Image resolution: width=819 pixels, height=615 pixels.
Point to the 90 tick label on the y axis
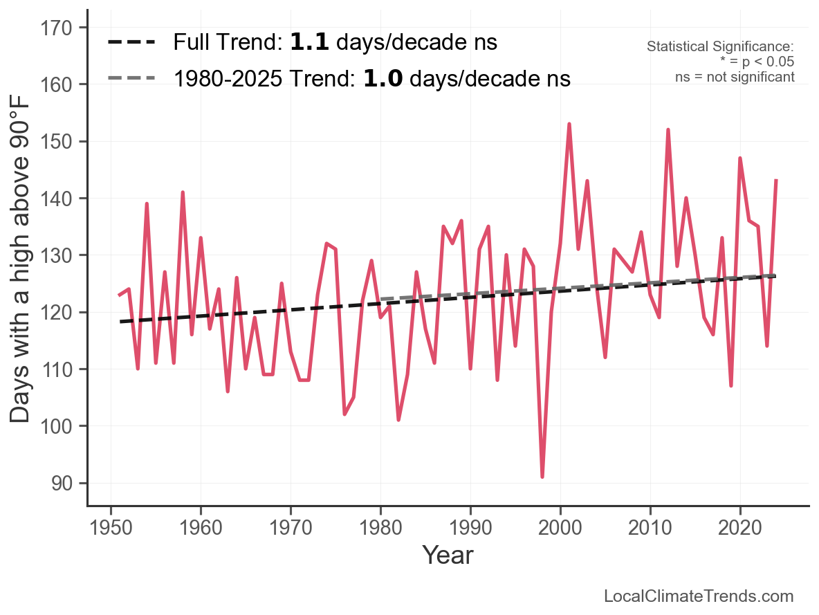tap(63, 484)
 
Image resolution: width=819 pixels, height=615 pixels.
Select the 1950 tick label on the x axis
tap(111, 528)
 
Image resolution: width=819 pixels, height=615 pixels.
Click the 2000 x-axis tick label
tap(560, 528)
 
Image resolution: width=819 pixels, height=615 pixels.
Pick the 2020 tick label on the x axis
tap(740, 528)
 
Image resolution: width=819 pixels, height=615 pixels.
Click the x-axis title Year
tap(448, 555)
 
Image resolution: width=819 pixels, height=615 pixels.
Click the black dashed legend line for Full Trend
tap(131, 43)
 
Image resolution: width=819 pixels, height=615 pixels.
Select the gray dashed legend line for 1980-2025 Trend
tap(131, 78)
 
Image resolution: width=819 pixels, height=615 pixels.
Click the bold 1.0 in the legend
tap(383, 78)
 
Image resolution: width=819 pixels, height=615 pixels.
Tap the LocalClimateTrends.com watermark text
tap(699, 596)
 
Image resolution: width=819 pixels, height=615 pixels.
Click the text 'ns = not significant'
tap(735, 77)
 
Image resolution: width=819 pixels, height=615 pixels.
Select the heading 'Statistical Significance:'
tap(719, 47)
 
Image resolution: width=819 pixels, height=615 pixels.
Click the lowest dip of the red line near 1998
tap(542, 477)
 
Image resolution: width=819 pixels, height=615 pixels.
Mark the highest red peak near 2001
tap(569, 125)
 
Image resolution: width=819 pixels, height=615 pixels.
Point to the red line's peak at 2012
tap(668, 130)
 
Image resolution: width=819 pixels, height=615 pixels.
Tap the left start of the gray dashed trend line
tap(381, 299)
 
